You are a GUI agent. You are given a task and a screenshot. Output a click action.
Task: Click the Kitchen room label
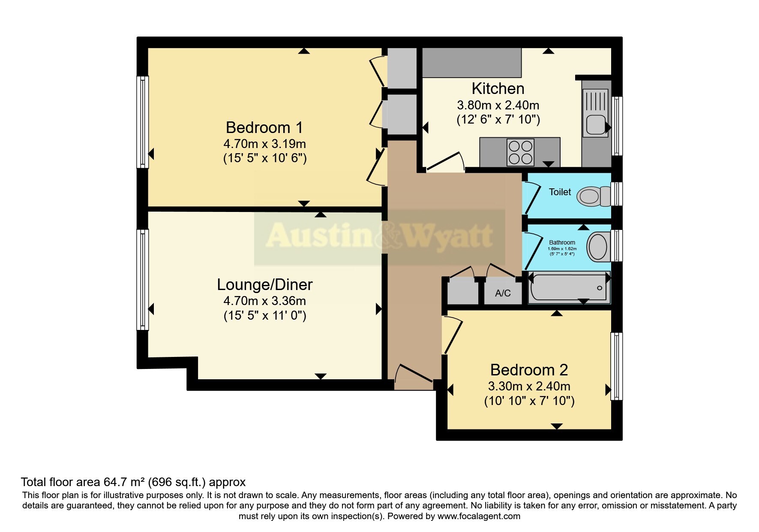(498, 88)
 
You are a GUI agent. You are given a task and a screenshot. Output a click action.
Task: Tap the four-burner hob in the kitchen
(520, 152)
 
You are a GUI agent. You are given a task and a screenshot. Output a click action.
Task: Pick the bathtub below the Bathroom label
(569, 287)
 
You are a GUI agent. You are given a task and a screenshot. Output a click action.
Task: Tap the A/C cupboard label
(503, 293)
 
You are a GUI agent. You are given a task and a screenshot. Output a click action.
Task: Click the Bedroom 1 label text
(264, 127)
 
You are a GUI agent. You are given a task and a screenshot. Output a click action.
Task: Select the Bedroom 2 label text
(529, 369)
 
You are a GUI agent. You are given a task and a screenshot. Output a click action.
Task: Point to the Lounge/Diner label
(265, 284)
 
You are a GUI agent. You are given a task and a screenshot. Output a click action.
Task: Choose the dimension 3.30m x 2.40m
(529, 386)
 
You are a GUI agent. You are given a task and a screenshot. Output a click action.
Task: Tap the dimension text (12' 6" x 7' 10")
(498, 119)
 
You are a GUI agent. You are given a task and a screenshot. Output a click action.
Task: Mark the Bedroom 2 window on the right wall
(616, 366)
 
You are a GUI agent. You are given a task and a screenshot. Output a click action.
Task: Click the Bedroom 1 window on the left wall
(142, 122)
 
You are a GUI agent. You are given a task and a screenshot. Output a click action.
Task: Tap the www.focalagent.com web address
(479, 516)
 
